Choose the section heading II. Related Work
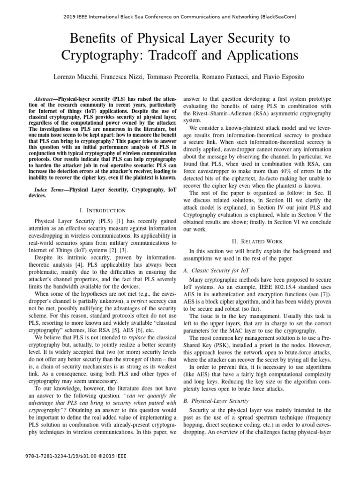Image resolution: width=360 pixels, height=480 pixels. click(x=257, y=241)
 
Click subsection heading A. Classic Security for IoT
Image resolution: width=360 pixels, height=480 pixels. click(x=217, y=271)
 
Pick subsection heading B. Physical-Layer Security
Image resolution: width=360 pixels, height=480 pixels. click(x=216, y=401)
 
